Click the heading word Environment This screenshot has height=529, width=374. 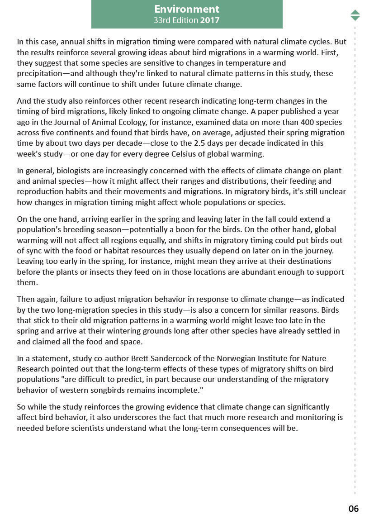(x=187, y=9)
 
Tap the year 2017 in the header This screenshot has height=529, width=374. (x=210, y=20)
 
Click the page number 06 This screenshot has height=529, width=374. (x=354, y=509)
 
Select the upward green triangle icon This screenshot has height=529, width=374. (x=355, y=12)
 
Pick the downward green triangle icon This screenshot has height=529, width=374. (x=355, y=18)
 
